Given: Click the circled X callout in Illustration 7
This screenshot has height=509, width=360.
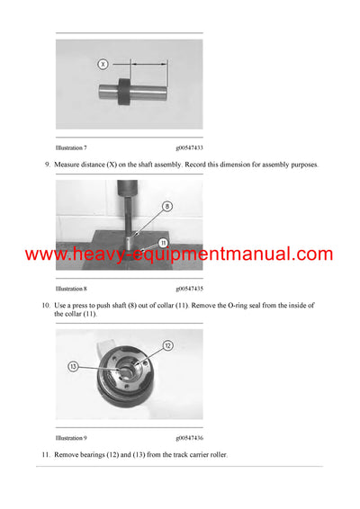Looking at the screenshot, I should (x=103, y=64).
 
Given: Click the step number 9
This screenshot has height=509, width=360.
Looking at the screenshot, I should (x=48, y=165).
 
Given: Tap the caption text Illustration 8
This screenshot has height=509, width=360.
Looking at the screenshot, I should (x=71, y=289).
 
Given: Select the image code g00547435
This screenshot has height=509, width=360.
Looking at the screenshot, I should (x=188, y=289).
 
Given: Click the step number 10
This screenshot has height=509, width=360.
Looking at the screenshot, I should (x=47, y=306).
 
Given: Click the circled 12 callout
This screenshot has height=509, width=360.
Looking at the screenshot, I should (x=167, y=346).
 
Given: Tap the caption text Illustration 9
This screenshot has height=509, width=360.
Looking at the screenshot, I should (x=71, y=438).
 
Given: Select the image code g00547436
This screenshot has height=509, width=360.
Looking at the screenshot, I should (x=188, y=438).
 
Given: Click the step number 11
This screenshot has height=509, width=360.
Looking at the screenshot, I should (x=47, y=455).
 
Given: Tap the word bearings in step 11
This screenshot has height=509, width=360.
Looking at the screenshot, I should (x=93, y=455).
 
